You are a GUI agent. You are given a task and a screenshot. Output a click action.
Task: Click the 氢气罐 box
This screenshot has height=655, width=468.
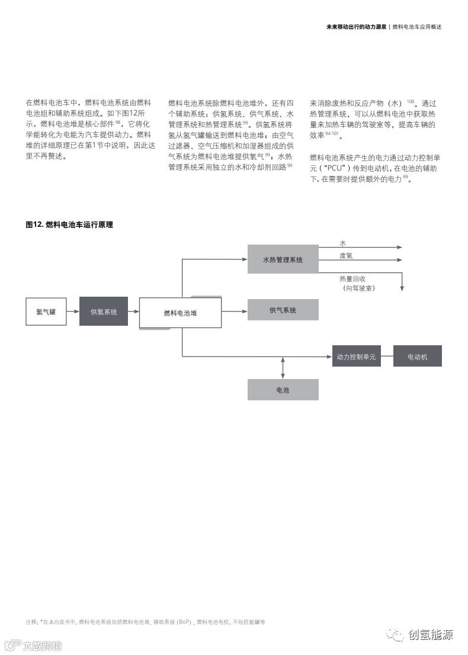coord(46,312)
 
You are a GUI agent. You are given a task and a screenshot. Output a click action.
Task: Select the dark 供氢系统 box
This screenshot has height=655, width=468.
coord(104,312)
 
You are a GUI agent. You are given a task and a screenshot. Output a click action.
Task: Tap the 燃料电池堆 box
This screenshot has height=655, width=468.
coord(180,313)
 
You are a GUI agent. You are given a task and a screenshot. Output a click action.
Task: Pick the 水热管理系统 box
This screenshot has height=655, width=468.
coord(283,259)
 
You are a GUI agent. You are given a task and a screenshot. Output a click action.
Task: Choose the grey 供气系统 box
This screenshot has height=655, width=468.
coord(283,310)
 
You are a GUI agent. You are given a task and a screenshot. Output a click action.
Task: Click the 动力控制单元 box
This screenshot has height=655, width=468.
coord(356,357)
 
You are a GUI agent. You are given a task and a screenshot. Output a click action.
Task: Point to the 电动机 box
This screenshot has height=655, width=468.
coord(417,357)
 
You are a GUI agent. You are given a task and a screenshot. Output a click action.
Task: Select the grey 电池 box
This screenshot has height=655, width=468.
coord(283,390)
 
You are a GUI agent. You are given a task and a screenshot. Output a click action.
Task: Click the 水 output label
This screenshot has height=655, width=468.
coord(342,243)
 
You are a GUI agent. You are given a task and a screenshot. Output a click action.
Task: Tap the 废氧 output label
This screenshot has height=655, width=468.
coord(347,256)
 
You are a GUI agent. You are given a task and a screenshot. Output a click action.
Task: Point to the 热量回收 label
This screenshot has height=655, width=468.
coord(352,278)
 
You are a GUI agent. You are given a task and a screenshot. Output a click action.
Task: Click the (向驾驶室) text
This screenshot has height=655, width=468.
coord(359,288)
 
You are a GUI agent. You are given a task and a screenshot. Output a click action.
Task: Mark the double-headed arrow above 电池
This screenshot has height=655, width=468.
coord(283,368)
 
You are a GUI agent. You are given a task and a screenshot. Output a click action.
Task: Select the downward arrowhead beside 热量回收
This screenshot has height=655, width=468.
coord(402,288)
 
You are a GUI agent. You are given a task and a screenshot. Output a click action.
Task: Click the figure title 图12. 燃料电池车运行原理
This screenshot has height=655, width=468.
coord(69,224)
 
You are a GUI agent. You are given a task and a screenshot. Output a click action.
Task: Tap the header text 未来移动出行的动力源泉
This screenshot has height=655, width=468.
coord(356,27)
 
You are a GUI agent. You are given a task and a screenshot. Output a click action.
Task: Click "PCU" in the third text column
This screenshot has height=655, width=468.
coord(335,169)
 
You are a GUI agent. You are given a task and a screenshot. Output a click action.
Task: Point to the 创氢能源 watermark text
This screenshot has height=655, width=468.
coord(430,635)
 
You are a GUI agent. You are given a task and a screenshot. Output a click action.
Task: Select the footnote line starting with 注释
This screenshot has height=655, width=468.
coord(145,622)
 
